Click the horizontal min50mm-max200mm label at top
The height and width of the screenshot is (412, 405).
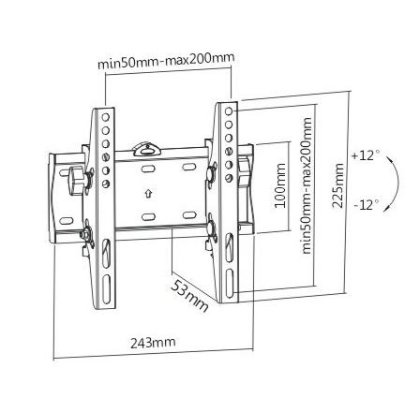[166, 63]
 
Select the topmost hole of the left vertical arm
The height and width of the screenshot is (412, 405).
[106, 114]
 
